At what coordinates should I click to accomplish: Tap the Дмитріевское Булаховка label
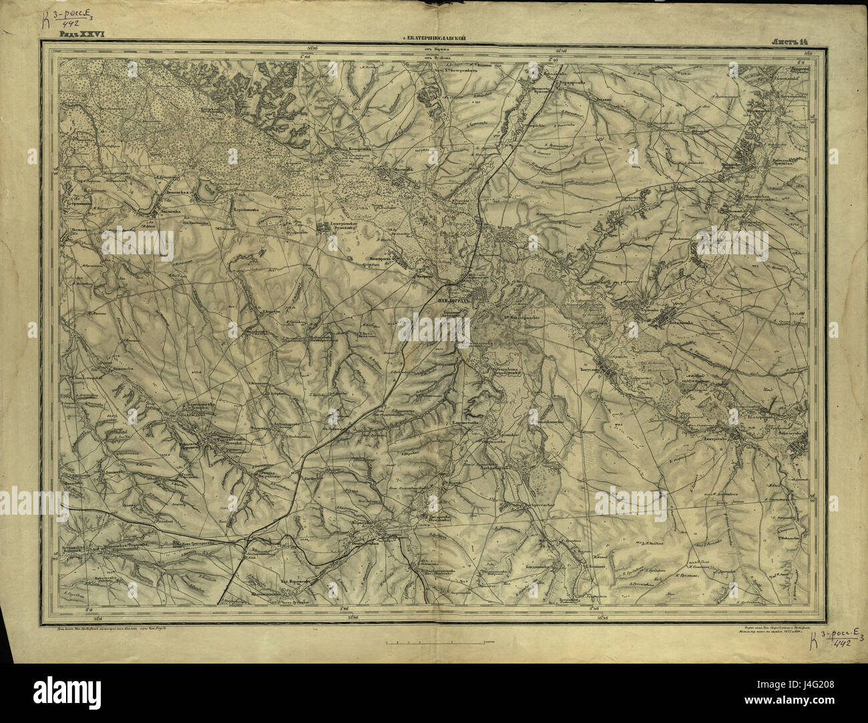(341, 226)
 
